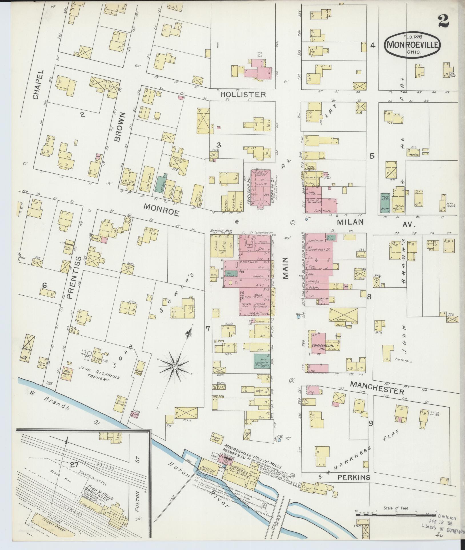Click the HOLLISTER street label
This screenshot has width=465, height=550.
coord(243,94)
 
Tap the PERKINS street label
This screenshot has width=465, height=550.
coord(354,477)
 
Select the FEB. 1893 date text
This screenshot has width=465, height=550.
coord(412,37)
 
